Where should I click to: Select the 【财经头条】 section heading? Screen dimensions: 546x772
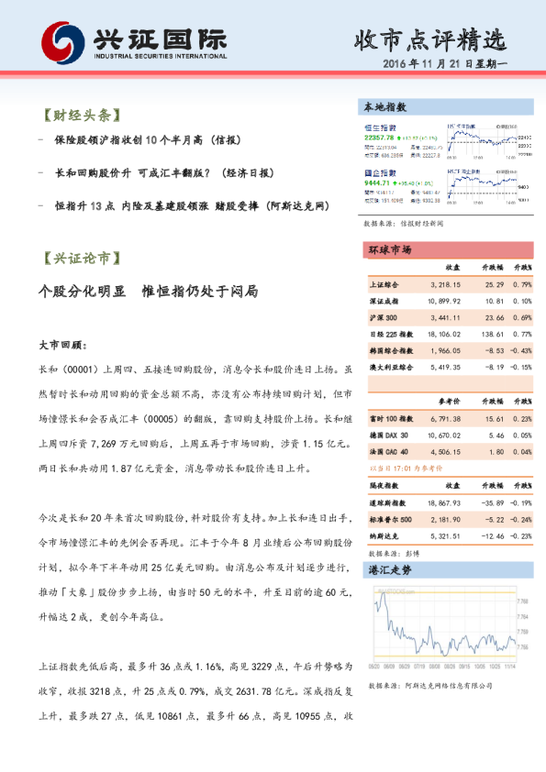coord(81,116)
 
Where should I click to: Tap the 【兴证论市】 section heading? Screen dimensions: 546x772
coord(81,258)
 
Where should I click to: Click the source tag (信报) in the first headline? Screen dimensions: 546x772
coord(224,142)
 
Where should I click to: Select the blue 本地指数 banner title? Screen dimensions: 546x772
coord(385,107)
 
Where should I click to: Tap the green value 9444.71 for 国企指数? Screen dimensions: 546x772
coord(379,183)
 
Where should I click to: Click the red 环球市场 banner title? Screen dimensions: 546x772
coord(389,250)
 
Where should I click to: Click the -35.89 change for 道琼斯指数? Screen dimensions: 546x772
coord(491,502)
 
